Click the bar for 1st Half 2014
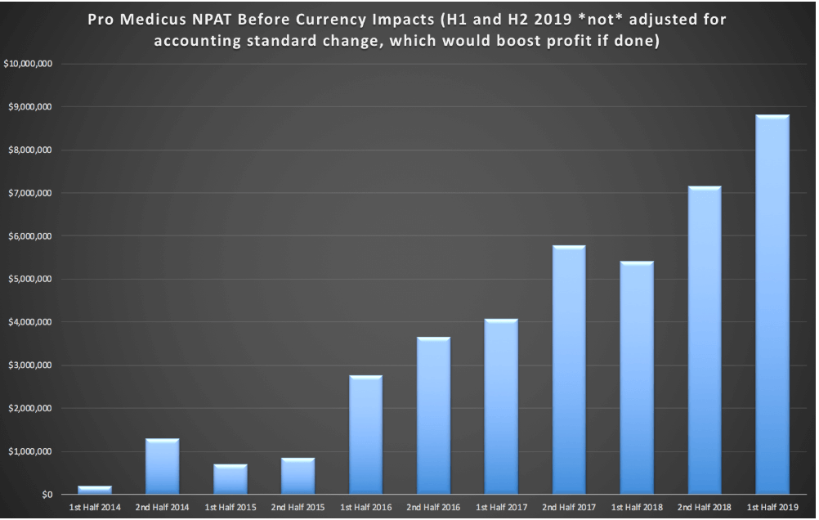coord(95,490)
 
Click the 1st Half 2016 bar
coord(365,435)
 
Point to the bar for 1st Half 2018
coord(637,378)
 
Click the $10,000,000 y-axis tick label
coord(29,65)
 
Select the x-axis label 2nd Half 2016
coord(433,508)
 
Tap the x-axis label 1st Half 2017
coord(501,508)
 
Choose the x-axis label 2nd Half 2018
coord(705,508)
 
